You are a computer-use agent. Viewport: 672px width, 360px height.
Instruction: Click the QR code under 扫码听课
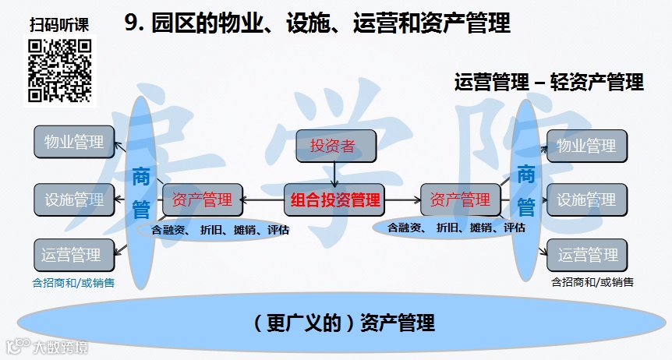click(x=60, y=70)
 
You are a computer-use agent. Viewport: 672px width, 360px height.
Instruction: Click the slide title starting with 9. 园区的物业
click(x=317, y=24)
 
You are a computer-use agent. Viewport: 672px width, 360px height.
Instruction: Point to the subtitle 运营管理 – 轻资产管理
click(x=549, y=82)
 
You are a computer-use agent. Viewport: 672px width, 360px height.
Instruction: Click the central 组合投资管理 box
click(x=335, y=200)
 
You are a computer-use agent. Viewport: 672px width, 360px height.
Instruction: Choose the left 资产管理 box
click(x=202, y=199)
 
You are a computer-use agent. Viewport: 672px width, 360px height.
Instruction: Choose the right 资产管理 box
click(x=460, y=199)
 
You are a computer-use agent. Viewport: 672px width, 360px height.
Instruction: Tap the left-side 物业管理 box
click(x=74, y=143)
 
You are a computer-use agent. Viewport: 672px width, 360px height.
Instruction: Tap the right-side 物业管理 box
click(x=587, y=146)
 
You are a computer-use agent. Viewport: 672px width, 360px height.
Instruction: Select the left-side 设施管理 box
click(x=74, y=199)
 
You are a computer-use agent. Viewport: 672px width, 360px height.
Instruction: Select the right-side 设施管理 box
click(x=587, y=200)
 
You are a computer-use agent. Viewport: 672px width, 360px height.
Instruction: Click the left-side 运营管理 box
click(x=71, y=255)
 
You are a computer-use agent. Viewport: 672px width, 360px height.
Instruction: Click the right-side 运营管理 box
click(x=587, y=255)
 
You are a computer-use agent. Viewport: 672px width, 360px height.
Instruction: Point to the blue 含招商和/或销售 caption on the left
click(x=73, y=283)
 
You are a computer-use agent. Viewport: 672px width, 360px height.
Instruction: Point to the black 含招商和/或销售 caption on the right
click(x=592, y=281)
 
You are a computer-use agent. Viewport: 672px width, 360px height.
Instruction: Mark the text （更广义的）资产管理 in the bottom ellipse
click(x=345, y=322)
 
